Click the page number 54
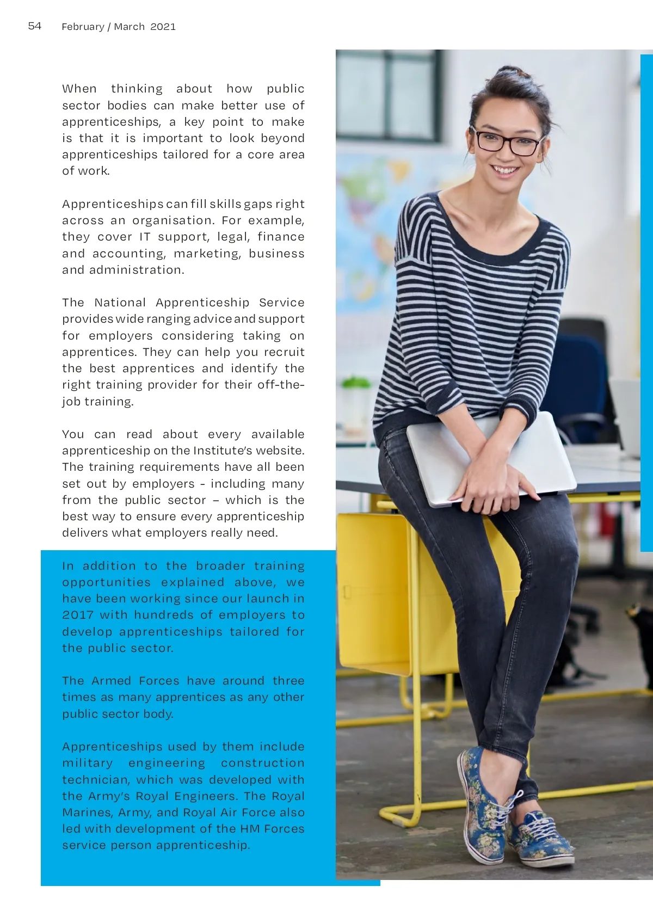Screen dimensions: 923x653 (x=34, y=26)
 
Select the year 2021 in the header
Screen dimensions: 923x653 (x=163, y=27)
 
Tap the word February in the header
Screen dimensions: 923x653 (x=83, y=27)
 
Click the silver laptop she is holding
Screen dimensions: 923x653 (x=490, y=457)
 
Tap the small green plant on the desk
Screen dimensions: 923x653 (x=356, y=383)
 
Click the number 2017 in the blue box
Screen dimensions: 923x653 (x=78, y=615)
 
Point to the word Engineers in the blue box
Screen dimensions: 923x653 (x=206, y=796)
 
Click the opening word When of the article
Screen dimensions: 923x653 (x=79, y=89)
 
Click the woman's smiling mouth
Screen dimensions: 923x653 (x=506, y=170)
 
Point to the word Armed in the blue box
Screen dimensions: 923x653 (x=112, y=681)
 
